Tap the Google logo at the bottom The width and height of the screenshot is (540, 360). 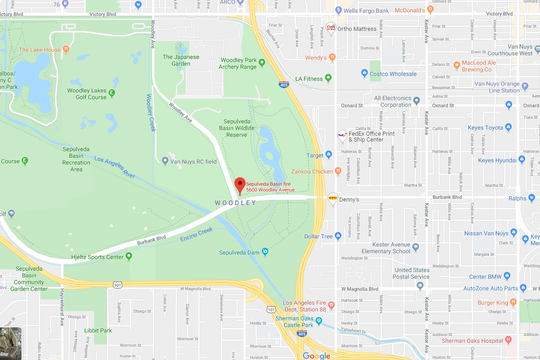[316, 354]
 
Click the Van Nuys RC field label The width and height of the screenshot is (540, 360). [195, 160]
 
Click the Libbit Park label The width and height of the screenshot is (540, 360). [98, 329]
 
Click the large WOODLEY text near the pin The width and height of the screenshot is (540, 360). [236, 204]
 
